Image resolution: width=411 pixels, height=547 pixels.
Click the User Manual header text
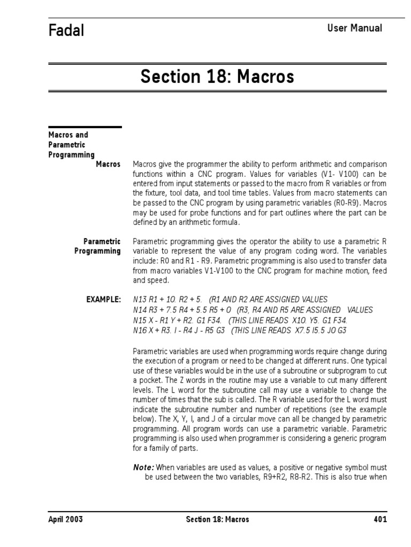(354, 28)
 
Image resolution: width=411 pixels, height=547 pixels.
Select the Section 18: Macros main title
(217, 77)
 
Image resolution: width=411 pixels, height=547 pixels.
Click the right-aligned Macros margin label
(108, 164)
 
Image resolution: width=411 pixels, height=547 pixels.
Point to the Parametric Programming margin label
(97, 246)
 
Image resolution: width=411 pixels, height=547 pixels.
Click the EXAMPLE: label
(103, 299)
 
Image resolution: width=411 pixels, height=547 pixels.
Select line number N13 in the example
(140, 299)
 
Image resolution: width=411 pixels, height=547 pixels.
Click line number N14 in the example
(140, 310)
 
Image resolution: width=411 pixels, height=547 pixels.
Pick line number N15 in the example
(140, 321)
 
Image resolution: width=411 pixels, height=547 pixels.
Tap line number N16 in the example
(140, 331)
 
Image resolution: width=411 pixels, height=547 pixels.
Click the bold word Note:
(143, 467)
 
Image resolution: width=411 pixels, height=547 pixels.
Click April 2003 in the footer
(65, 519)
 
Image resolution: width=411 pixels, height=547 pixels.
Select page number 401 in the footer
(380, 519)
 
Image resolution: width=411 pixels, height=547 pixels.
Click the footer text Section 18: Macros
(217, 519)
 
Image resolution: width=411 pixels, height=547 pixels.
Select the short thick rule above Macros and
(85, 127)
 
